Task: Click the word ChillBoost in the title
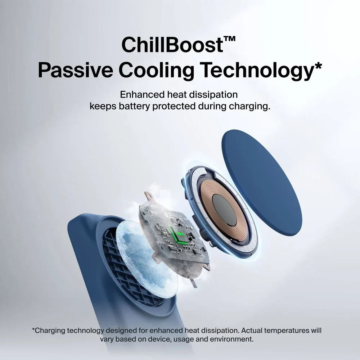pos(172,44)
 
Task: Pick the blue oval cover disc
pos(262,183)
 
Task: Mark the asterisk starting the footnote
pos(33,329)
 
